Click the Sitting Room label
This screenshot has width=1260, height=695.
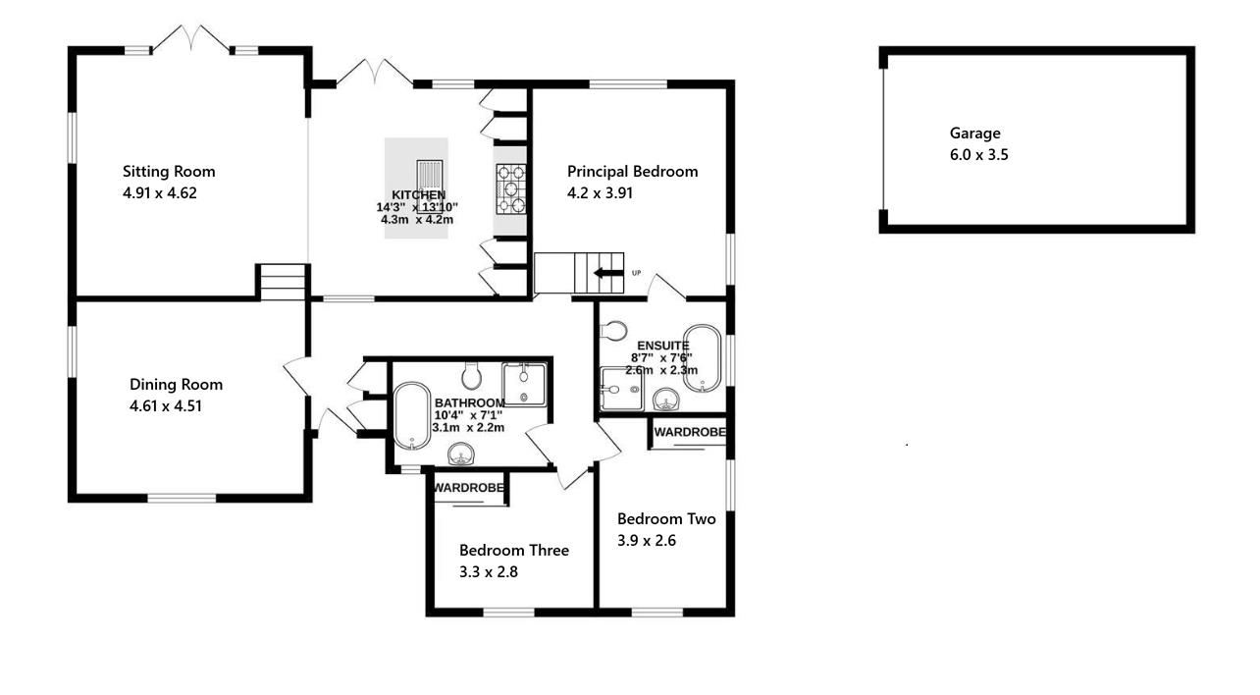[x=169, y=172]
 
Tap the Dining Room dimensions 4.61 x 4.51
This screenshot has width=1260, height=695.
[x=166, y=406]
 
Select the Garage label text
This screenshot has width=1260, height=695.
[x=974, y=134]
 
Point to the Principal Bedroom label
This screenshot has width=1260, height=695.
[x=633, y=172]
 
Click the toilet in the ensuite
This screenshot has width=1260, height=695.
[x=614, y=330]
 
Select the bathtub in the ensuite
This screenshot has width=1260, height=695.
[x=703, y=358]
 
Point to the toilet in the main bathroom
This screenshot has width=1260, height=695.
[x=470, y=374]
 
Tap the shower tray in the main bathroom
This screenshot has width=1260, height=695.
[x=523, y=383]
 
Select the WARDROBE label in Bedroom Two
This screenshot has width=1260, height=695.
[x=690, y=432]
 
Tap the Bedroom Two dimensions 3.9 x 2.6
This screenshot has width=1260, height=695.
[x=647, y=540]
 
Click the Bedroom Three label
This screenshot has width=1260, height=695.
[x=514, y=551]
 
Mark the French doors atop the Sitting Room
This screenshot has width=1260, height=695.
[x=191, y=40]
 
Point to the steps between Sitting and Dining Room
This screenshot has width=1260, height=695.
[x=283, y=282]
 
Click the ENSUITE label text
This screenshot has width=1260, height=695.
[x=663, y=346]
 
